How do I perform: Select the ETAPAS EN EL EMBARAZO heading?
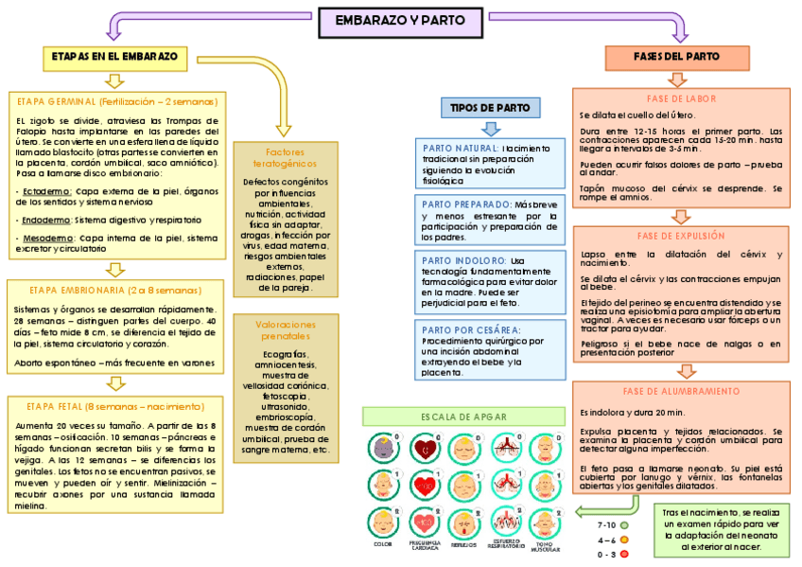click(x=115, y=57)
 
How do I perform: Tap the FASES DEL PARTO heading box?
click(x=676, y=57)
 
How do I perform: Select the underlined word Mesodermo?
click(x=40, y=239)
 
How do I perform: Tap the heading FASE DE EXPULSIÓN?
click(x=681, y=236)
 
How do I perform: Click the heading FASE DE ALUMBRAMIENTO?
click(x=681, y=391)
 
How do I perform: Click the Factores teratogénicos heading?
click(x=285, y=157)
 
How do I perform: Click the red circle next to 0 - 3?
click(x=624, y=555)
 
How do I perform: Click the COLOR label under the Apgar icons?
click(x=383, y=544)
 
